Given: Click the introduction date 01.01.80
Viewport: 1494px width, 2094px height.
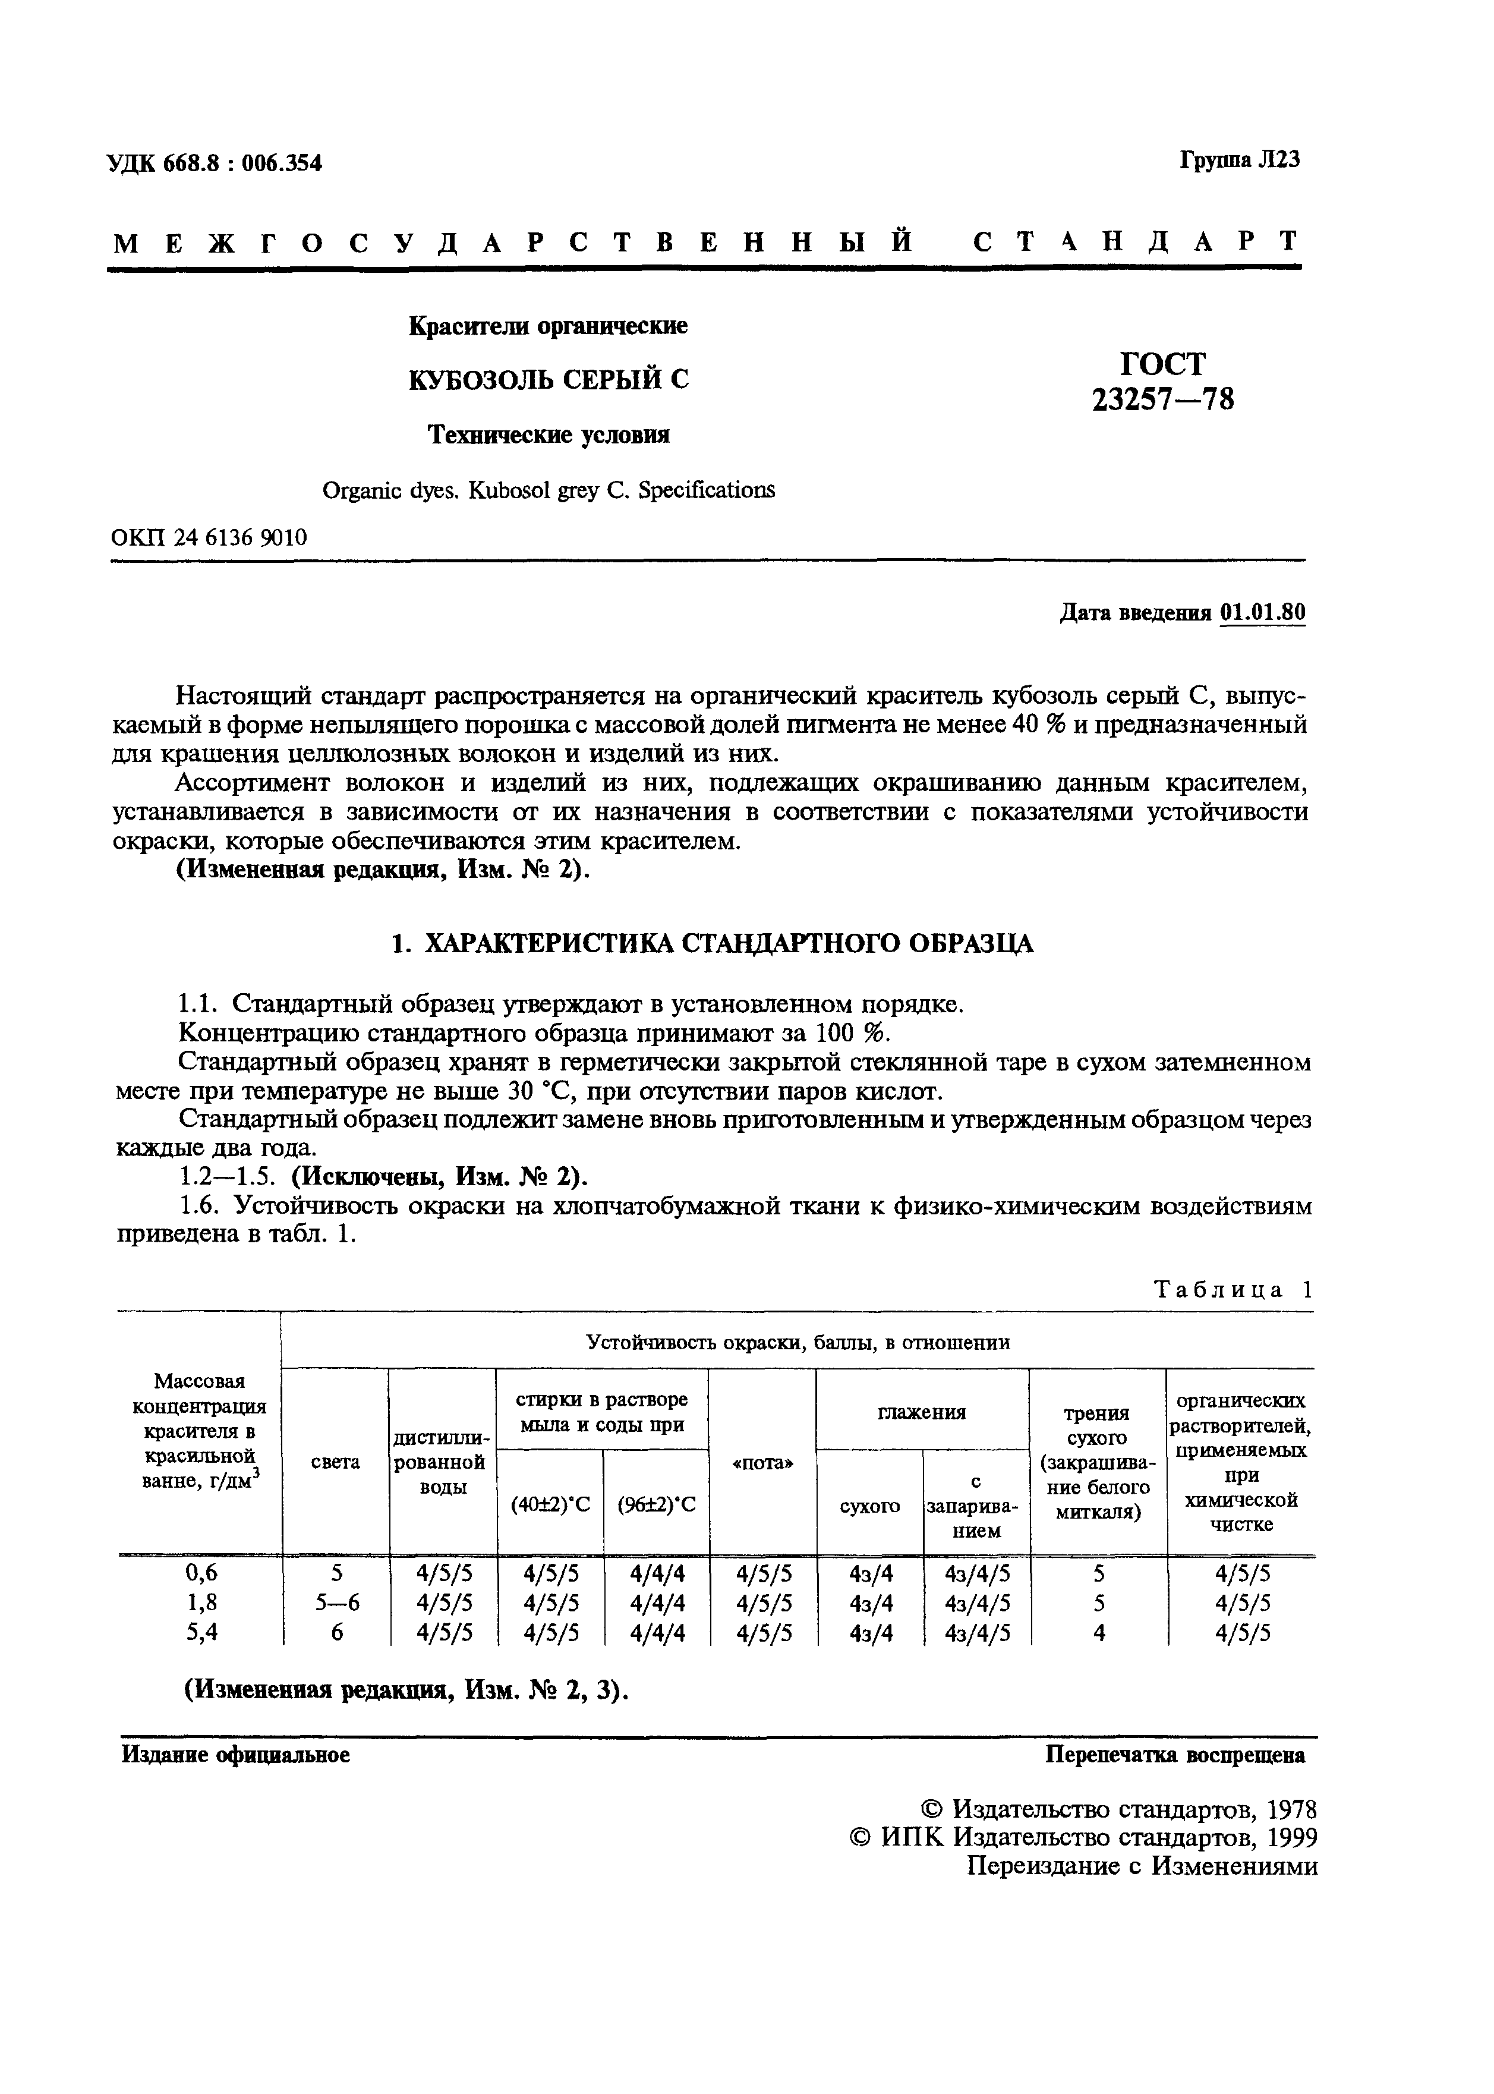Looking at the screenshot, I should click(x=1262, y=613).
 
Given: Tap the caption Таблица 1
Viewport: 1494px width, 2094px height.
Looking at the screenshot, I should click(x=1233, y=1290).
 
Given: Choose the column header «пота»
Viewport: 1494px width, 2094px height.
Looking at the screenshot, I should click(x=762, y=1463).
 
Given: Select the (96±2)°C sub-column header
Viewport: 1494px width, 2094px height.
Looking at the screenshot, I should click(x=656, y=1504).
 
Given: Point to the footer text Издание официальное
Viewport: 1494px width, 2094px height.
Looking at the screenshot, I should click(x=237, y=1755).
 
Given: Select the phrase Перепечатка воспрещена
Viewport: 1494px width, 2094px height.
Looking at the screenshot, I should click(x=1175, y=1755).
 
